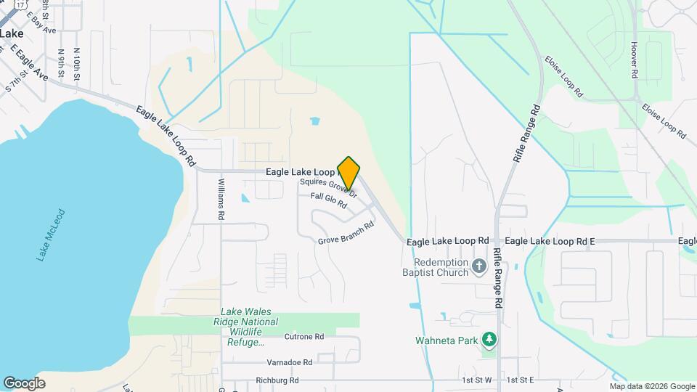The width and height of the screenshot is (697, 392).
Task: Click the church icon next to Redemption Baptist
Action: pyautogui.click(x=478, y=267)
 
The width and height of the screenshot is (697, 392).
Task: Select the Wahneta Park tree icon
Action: pyautogui.click(x=490, y=339)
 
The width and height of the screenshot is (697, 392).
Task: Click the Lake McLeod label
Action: pyautogui.click(x=51, y=234)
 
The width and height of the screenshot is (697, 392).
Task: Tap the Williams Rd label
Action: pyautogui.click(x=221, y=200)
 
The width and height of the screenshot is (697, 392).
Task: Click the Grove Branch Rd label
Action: pyautogui.click(x=346, y=233)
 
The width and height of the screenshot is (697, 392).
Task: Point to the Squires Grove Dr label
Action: pyautogui.click(x=329, y=187)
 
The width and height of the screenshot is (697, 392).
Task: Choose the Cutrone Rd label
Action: pyautogui.click(x=303, y=337)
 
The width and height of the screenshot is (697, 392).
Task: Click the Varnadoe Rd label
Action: pyautogui.click(x=288, y=362)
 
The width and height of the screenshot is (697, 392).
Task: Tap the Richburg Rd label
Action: pyautogui.click(x=277, y=380)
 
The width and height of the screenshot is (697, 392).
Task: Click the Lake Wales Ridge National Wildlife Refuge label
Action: pyautogui.click(x=243, y=327)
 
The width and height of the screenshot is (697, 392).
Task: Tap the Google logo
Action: pyautogui.click(x=24, y=383)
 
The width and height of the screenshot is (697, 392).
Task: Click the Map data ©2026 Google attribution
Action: pyautogui.click(x=651, y=386)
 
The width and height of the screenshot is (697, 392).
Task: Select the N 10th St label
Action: pyautogui.click(x=76, y=63)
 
